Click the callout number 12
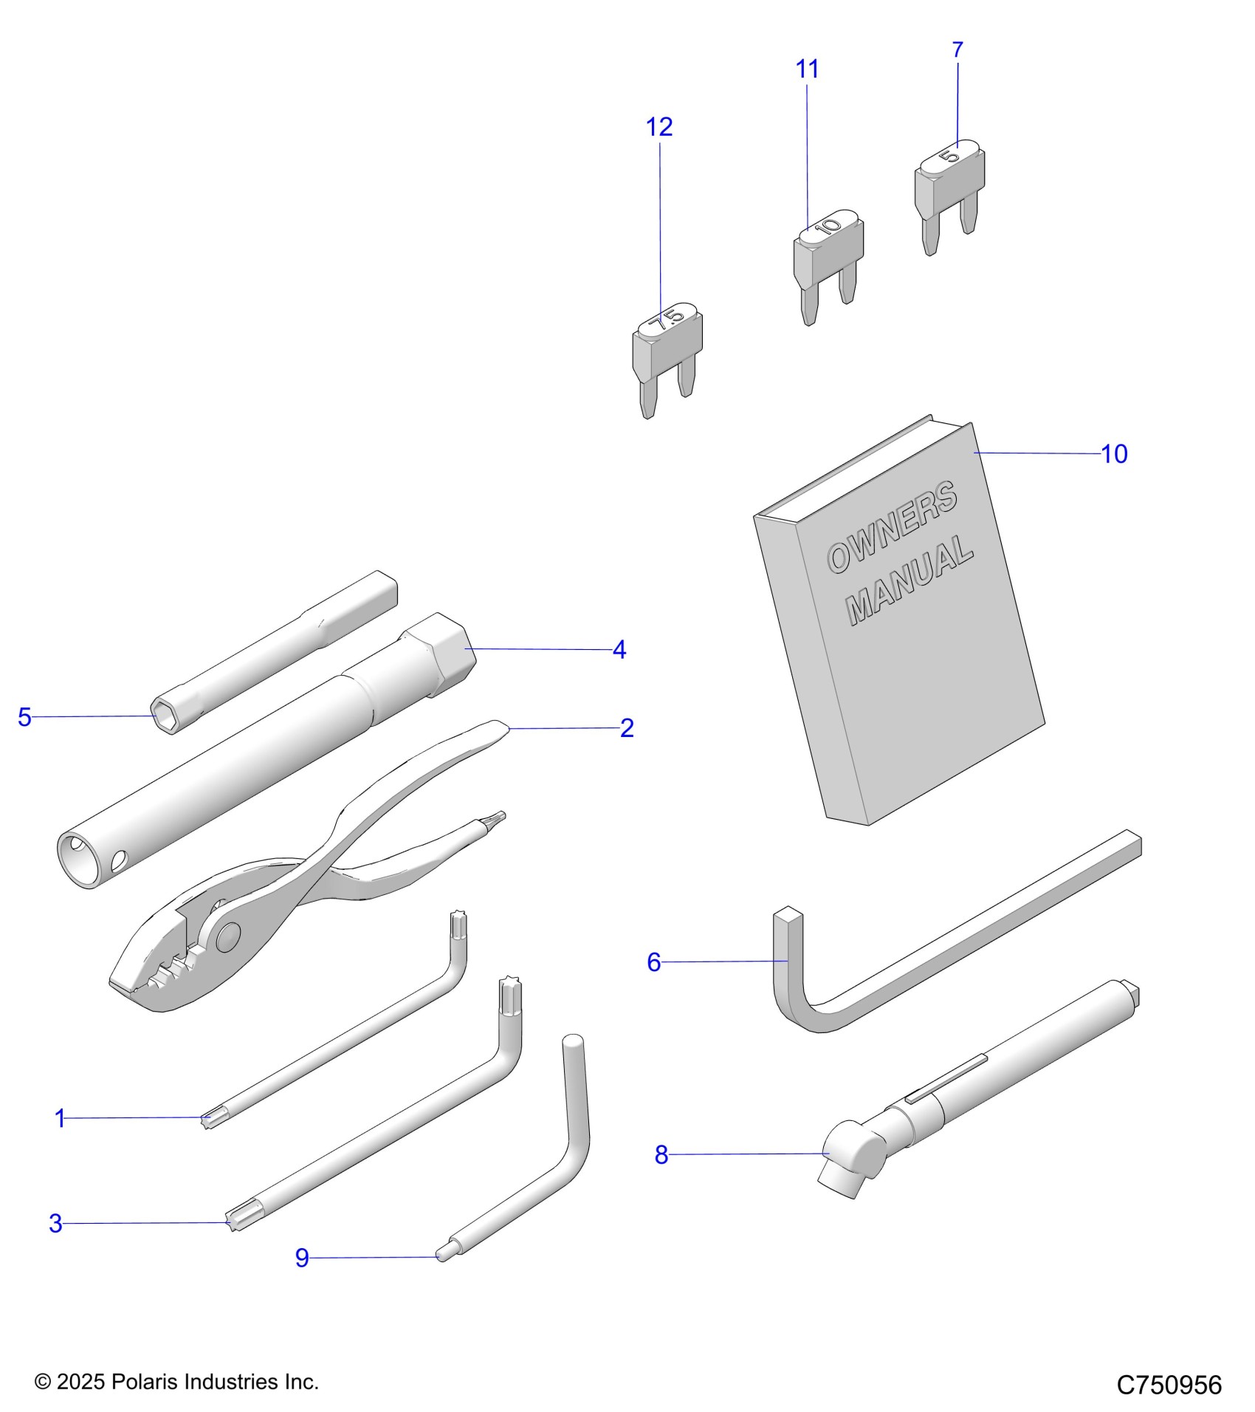(659, 127)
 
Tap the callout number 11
(807, 69)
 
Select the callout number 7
(957, 50)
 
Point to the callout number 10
(1114, 454)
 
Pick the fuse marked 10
(828, 258)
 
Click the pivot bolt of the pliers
(227, 937)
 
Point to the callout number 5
(25, 717)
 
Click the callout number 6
(653, 962)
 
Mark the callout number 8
(661, 1155)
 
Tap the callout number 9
(301, 1258)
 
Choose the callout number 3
(55, 1224)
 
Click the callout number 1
(61, 1118)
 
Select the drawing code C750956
(1169, 1385)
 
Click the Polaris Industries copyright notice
(176, 1382)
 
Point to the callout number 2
(627, 728)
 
